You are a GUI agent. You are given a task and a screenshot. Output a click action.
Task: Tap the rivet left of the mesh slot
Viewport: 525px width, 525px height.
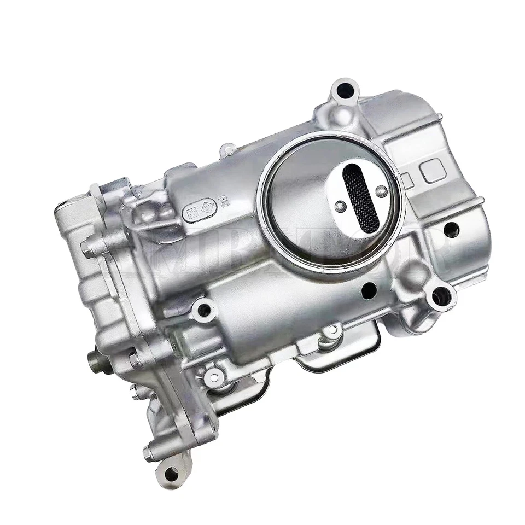[340, 205]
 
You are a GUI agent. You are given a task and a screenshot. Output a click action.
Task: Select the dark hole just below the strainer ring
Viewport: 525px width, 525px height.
[367, 288]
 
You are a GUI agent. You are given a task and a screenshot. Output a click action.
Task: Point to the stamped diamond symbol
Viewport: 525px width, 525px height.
[207, 207]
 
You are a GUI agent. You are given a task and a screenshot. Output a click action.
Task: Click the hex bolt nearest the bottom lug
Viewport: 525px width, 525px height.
[148, 452]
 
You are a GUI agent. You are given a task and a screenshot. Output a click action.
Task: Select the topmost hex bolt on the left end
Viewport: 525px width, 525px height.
[86, 247]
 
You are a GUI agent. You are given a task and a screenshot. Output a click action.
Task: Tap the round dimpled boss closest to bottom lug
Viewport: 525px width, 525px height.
[214, 376]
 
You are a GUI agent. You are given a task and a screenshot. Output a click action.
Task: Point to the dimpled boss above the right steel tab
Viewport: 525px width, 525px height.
[331, 331]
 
